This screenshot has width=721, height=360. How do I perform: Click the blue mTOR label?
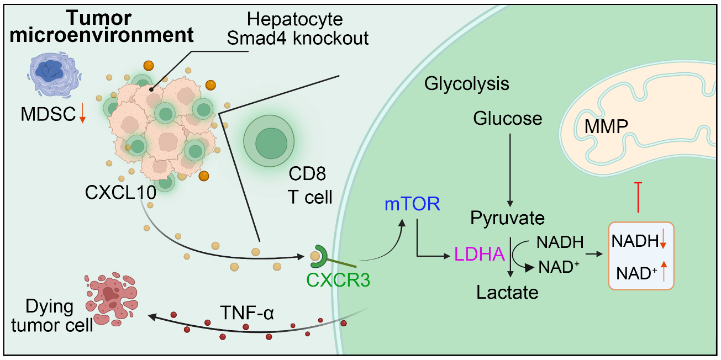pos(412,204)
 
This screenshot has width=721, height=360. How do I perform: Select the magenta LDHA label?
pos(479,254)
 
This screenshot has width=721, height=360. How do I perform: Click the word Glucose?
pos(508,118)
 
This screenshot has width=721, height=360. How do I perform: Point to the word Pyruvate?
pos(508,218)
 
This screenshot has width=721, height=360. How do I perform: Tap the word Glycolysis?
pos(467,84)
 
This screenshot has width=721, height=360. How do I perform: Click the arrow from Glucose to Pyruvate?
pos(509,166)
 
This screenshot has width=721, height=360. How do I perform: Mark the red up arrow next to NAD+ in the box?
pos(664,271)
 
